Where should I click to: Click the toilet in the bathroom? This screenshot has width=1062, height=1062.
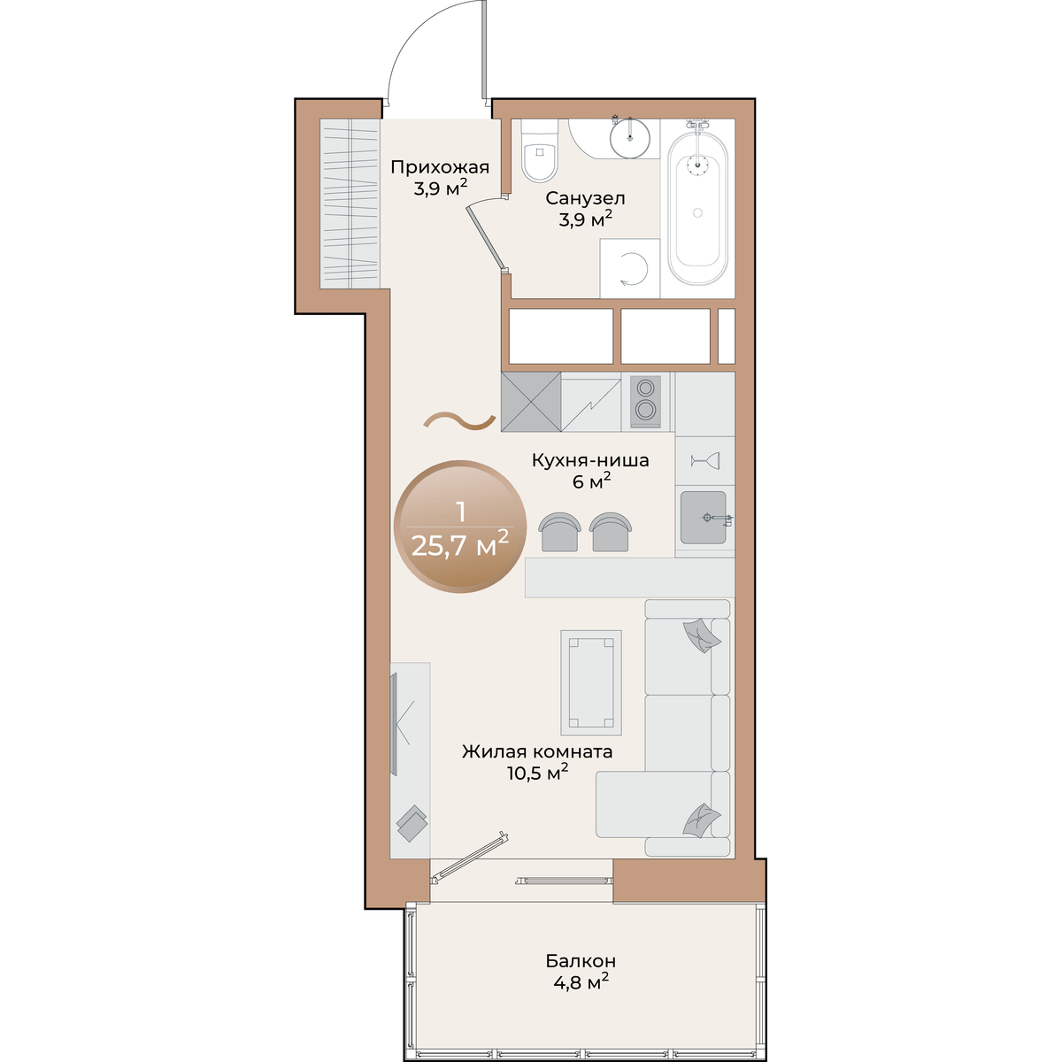tap(540, 150)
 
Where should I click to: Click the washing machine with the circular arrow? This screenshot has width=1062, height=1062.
tap(630, 268)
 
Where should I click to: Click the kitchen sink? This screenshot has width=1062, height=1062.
tap(704, 518)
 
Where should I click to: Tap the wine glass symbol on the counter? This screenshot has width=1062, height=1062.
tap(704, 460)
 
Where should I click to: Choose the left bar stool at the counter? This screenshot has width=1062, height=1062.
tap(559, 532)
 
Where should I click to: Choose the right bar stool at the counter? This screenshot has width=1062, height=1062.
tap(610, 532)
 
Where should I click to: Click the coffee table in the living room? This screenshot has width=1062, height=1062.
tap(591, 682)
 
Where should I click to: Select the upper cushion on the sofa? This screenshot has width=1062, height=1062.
tap(702, 635)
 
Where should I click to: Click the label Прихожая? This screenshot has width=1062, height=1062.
tap(440, 167)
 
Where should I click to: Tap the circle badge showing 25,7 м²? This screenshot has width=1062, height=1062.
tap(460, 527)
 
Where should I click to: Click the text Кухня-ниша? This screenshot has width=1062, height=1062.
tap(590, 460)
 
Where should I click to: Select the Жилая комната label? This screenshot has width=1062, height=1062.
tap(537, 751)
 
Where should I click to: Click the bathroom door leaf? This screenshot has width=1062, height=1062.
tap(486, 237)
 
